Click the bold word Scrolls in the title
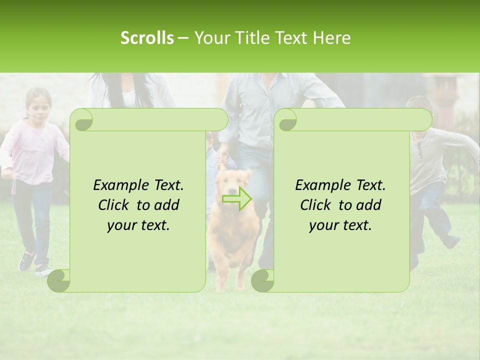tap(147, 38)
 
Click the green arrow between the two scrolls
tap(236, 198)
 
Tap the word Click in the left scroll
tap(114, 205)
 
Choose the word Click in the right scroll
tap(316, 205)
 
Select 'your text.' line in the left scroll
tap(138, 225)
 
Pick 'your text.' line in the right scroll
tap(340, 225)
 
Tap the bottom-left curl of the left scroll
tap(59, 281)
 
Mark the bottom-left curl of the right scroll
tap(263, 281)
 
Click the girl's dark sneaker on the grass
tap(26, 261)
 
